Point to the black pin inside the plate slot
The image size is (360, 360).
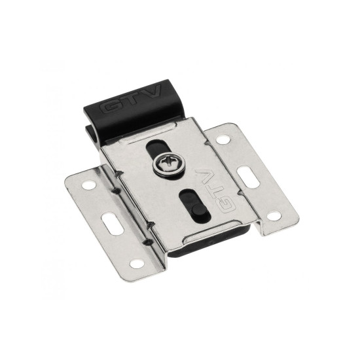point(198,209)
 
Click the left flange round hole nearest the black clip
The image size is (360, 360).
point(88,185)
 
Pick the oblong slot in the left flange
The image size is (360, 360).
point(113,223)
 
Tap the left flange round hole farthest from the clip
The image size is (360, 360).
point(137,264)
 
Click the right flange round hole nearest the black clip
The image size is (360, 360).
point(223,139)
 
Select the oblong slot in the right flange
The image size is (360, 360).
point(249,177)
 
